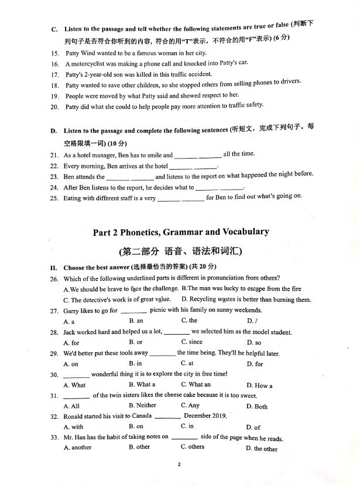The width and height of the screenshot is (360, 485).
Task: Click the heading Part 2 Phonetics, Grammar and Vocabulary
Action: tap(181, 232)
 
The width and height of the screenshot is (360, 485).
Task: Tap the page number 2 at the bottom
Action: tap(180, 465)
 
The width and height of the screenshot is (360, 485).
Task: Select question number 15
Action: tap(54, 53)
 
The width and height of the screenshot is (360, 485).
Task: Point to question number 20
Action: tap(54, 106)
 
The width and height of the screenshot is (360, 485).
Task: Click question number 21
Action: tap(54, 156)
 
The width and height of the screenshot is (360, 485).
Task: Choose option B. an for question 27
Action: tap(136, 321)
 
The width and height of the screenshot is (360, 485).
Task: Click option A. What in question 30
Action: tap(74, 385)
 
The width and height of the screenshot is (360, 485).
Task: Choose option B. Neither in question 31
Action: tap(142, 406)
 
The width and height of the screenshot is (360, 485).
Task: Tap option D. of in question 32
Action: tap(253, 428)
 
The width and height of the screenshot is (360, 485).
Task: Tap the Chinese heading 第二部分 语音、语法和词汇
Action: tap(181, 252)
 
